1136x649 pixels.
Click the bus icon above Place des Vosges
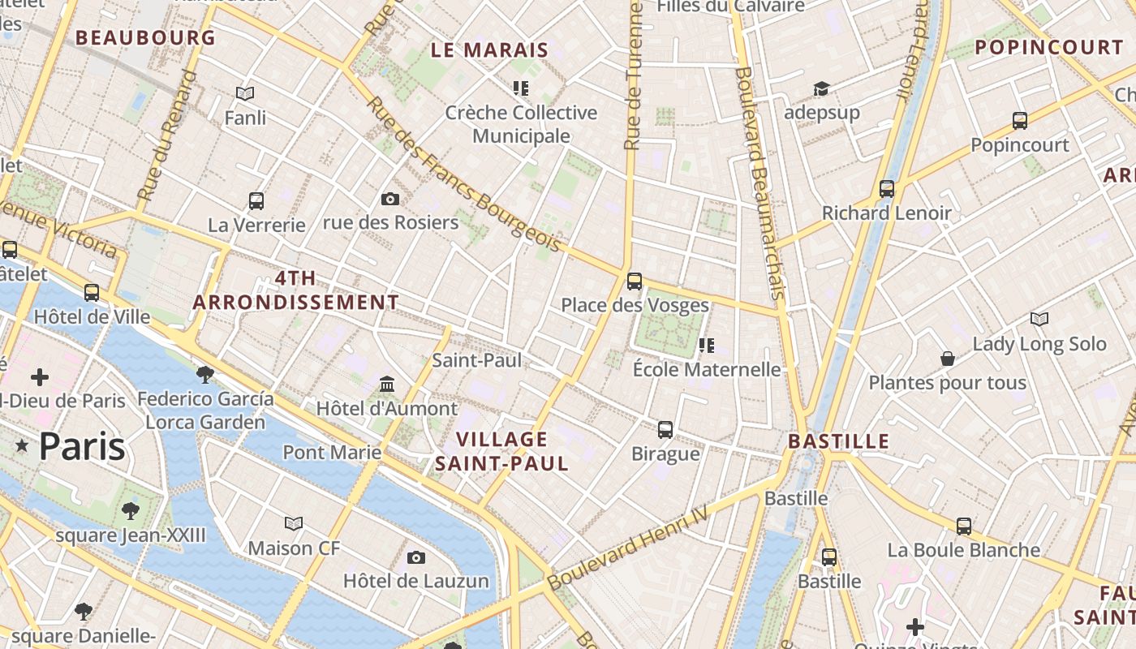tap(635, 282)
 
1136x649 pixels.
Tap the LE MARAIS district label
tap(489, 50)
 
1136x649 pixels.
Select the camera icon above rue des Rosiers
tap(390, 199)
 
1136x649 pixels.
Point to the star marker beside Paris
tap(21, 446)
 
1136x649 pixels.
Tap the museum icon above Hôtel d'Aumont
tap(387, 384)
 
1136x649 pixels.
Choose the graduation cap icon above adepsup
tap(822, 88)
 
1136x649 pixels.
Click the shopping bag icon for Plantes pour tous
tap(947, 359)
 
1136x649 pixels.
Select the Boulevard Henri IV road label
tap(628, 549)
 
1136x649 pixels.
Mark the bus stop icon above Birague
tap(665, 429)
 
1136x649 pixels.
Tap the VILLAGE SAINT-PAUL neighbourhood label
tap(501, 452)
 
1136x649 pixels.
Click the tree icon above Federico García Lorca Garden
tap(205, 374)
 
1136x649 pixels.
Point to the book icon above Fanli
tap(245, 94)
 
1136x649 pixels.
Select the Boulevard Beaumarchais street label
tap(759, 183)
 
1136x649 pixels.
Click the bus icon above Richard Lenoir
tap(887, 189)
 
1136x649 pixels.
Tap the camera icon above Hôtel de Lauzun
tap(416, 557)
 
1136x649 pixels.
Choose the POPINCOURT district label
tap(1048, 48)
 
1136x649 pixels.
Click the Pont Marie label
tap(332, 452)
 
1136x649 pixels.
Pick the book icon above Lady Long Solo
tap(1039, 320)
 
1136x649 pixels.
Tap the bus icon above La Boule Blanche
tap(963, 527)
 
